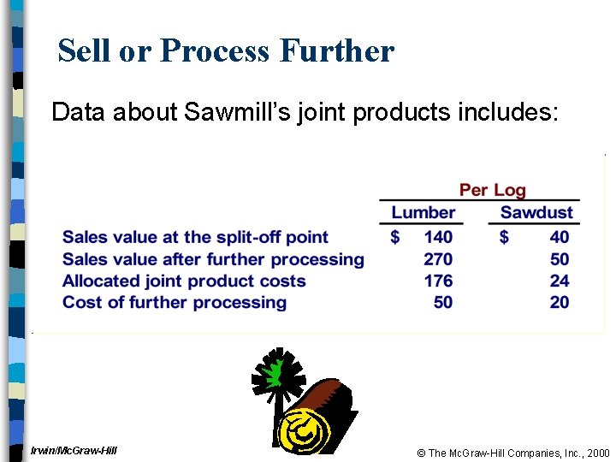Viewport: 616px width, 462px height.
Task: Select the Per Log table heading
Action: point(492,190)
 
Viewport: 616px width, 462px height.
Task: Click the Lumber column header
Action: point(423,212)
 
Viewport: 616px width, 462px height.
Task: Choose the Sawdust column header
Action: point(536,212)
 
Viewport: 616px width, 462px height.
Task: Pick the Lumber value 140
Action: point(438,237)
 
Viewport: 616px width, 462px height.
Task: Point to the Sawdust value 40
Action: point(560,237)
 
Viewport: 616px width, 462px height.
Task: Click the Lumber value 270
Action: point(438,258)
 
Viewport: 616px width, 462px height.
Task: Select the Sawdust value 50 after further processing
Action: point(560,258)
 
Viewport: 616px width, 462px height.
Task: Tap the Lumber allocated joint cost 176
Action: point(438,280)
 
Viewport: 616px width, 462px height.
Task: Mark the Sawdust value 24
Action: point(560,280)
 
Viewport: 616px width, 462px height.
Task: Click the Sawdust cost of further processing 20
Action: point(560,301)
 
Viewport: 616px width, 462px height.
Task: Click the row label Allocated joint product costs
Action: point(184,280)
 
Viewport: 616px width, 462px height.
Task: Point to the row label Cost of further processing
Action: point(175,301)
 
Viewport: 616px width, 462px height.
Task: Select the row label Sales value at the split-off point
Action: point(195,237)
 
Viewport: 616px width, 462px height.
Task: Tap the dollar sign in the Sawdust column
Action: point(504,237)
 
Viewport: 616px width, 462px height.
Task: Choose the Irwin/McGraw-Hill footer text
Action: point(74,450)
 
